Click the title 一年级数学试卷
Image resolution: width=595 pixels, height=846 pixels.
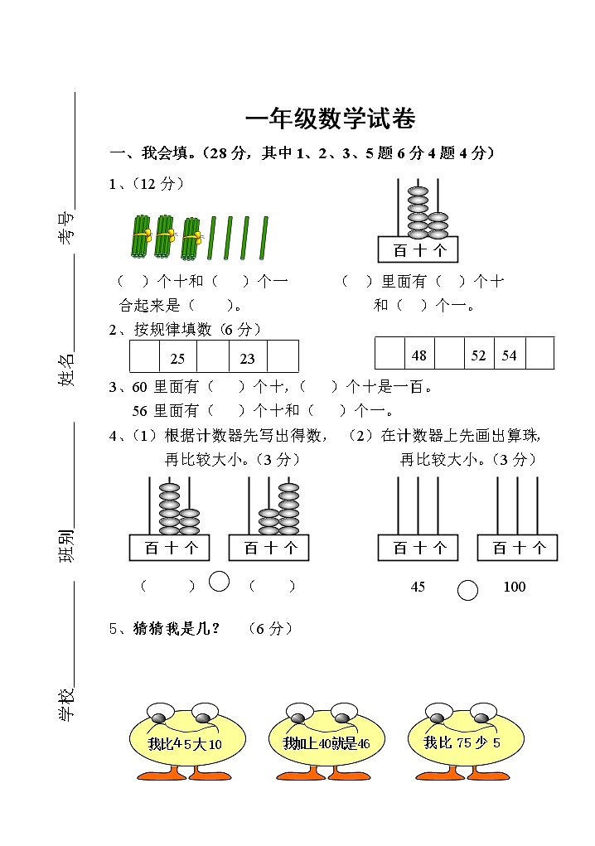pos(330,119)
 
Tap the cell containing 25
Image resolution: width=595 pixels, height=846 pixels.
pos(177,357)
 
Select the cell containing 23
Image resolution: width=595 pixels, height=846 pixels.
pos(247,357)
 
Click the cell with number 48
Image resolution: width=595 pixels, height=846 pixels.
pos(419,354)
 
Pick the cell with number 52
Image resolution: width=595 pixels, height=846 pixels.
pos(479,354)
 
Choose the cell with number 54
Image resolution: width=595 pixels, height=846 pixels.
pos(509,354)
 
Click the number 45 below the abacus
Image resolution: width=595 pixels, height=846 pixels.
pos(418,587)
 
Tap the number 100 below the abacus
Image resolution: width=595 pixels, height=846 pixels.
pos(514,587)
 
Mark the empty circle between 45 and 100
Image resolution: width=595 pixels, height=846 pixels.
pos(468,590)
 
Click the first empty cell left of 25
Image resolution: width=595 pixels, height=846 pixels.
pos(143,357)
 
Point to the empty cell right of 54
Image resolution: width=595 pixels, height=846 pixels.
pos(539,354)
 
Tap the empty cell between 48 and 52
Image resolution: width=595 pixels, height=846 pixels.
pos(449,354)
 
